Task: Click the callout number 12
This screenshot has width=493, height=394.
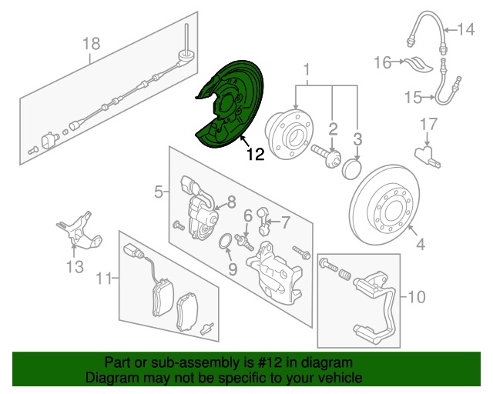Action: coord(255,155)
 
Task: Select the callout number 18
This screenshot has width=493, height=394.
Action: coord(91,44)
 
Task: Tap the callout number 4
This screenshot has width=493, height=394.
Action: coord(420,245)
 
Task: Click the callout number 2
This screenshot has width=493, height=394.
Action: coord(333,128)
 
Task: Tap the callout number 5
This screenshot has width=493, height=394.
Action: coord(158,192)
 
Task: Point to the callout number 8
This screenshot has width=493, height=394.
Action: coord(230,203)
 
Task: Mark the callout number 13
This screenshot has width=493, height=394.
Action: coord(74,267)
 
